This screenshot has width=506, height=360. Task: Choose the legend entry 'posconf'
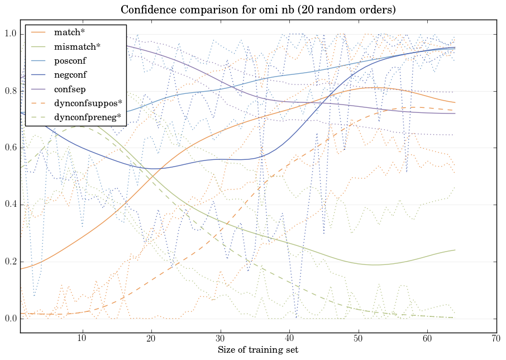(70, 60)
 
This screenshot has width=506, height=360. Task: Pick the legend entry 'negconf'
(70, 74)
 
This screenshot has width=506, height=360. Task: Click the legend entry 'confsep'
(70, 89)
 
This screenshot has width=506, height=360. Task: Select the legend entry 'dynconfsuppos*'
(88, 103)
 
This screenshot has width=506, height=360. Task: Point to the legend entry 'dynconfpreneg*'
(88, 117)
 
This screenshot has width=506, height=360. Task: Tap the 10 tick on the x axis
(82, 339)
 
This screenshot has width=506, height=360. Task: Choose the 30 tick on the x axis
(220, 339)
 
